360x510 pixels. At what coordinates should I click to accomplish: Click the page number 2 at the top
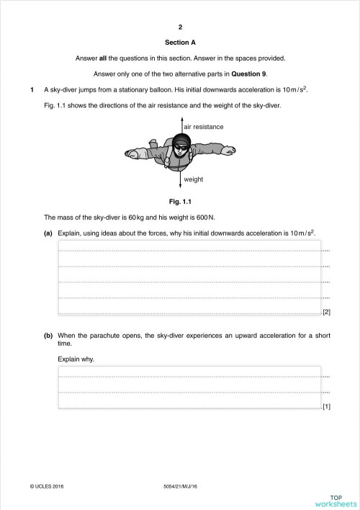(x=180, y=27)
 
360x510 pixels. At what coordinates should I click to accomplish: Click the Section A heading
(x=180, y=42)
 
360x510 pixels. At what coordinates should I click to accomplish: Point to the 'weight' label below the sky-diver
(x=194, y=179)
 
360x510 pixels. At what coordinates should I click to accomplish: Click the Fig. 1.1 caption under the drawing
(x=179, y=201)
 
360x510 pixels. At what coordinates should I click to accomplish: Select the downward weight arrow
(x=181, y=176)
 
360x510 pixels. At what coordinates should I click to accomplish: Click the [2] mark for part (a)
(x=326, y=312)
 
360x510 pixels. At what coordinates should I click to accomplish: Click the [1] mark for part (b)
(x=326, y=407)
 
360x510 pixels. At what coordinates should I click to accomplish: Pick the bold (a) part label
(x=49, y=233)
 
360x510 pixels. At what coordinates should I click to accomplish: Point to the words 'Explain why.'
(x=76, y=358)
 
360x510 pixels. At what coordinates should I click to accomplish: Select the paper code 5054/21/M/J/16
(x=180, y=487)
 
